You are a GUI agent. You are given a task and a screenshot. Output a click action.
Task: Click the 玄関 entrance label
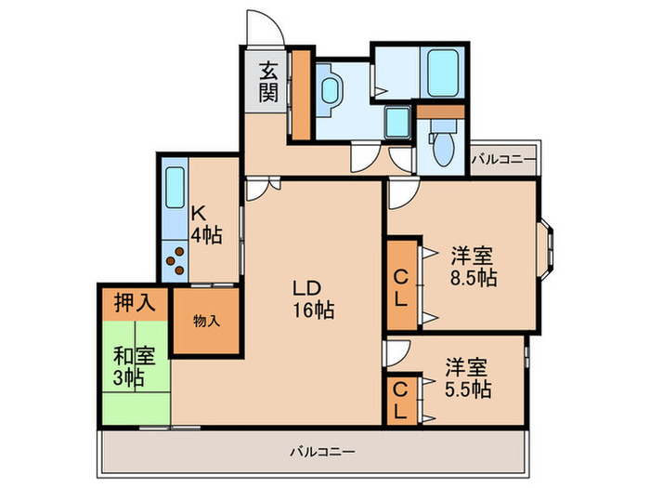(268, 80)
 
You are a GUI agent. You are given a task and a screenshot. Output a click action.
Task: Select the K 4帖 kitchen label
(205, 224)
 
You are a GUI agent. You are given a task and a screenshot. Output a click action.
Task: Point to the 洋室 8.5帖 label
(473, 266)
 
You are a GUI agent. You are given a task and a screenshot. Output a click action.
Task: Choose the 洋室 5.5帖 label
(468, 376)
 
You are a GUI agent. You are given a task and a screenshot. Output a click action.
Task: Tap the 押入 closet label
(136, 302)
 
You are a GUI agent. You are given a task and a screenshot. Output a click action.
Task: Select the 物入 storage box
(206, 321)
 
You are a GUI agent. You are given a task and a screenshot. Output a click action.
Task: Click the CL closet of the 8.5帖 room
(401, 286)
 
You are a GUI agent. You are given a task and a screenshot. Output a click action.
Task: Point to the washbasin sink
(331, 90)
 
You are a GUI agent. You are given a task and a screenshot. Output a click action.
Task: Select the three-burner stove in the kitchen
(175, 259)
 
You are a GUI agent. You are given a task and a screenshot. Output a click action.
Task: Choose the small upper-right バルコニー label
(502, 160)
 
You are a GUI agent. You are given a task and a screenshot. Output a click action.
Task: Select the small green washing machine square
(396, 121)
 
